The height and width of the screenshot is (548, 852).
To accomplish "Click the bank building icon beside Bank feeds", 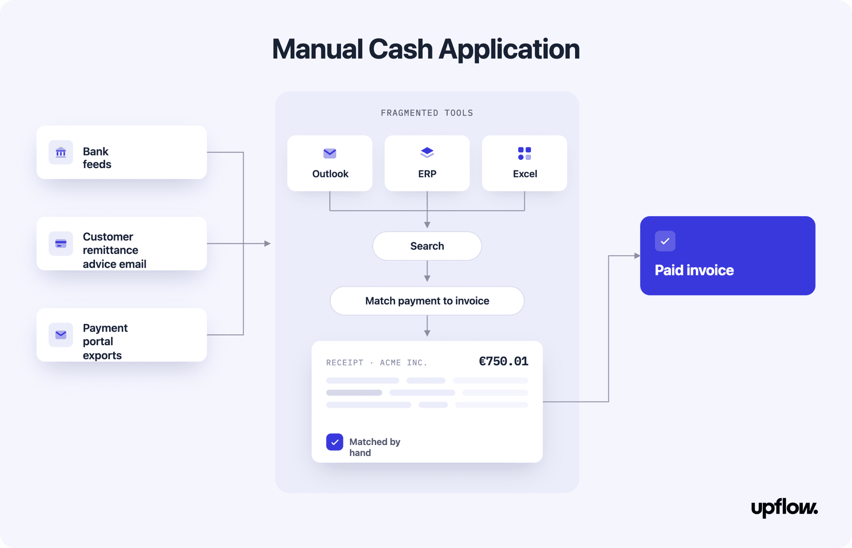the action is tap(61, 153).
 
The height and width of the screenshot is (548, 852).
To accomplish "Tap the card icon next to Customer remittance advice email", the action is tap(61, 244).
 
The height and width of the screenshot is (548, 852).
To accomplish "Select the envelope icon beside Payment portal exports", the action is tap(61, 335).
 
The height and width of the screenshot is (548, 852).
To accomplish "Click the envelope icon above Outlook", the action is tap(330, 154).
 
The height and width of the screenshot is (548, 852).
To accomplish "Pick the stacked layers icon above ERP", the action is tap(427, 153).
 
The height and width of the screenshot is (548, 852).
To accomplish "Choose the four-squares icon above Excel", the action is tap(525, 153).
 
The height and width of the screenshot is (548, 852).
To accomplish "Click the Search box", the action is tap(427, 246).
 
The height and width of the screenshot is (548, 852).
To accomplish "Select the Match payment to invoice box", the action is tap(427, 301).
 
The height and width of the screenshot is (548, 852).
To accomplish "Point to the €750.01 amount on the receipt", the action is tap(504, 361).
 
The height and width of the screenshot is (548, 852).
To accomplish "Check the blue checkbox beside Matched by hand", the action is tap(335, 442).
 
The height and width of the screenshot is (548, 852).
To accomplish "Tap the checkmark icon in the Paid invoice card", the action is tap(665, 241).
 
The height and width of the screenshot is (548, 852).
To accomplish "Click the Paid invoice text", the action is tap(694, 270).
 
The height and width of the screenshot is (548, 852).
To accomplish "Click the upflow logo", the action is tap(784, 508).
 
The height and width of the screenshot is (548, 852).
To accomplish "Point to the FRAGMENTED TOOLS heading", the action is tap(427, 113).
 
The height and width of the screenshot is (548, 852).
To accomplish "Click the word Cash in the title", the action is tap(400, 49).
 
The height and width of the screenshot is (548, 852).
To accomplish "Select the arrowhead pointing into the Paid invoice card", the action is tap(637, 256).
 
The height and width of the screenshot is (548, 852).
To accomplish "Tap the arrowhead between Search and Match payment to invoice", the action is tap(427, 278).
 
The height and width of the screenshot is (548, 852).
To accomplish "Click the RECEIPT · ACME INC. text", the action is tap(377, 363).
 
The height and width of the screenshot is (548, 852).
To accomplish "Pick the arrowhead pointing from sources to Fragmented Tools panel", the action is tap(268, 244).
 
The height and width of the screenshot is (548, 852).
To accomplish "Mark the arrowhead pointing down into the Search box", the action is tap(427, 225).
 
